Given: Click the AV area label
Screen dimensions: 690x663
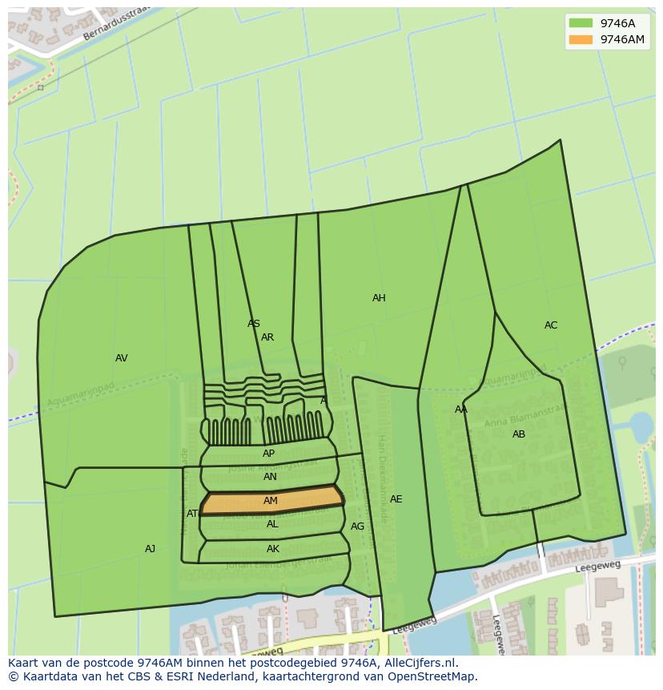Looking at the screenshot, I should click(x=121, y=358).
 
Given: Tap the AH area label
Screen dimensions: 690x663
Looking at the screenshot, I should click(x=379, y=298).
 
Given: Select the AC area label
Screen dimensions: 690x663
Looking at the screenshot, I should click(x=551, y=325).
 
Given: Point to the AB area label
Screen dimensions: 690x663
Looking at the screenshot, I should click(x=519, y=434).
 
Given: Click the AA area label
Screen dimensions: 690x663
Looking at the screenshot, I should click(x=461, y=410).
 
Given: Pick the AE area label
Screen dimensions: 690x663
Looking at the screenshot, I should click(x=396, y=499).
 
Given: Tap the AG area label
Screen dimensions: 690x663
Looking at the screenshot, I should click(x=357, y=527).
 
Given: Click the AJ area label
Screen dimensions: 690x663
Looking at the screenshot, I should click(x=150, y=549).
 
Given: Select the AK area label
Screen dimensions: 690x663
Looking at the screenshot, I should click(x=273, y=549).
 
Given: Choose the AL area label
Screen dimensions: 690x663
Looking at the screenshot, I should click(x=272, y=524).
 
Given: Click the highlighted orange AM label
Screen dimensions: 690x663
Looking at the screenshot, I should click(x=271, y=501).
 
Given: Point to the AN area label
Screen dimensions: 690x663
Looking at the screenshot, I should click(x=270, y=477).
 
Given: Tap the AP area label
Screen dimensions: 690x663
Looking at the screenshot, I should click(x=268, y=454).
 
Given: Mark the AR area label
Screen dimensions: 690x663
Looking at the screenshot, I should click(x=267, y=337).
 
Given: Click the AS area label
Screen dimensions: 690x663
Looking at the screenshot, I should click(x=253, y=324).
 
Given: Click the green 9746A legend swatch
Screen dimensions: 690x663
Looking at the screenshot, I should click(x=581, y=23).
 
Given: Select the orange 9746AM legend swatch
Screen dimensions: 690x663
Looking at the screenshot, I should click(x=581, y=39).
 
